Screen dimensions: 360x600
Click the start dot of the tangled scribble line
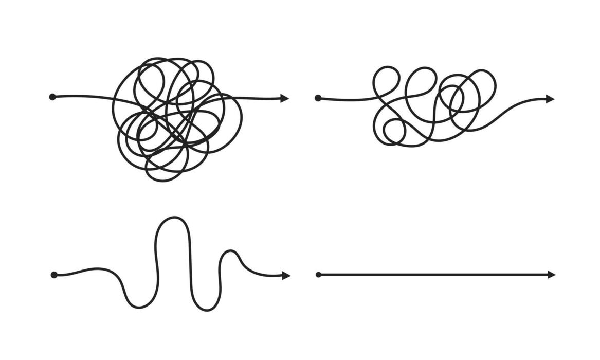(52, 97)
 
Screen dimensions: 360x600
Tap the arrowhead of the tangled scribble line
(284, 98)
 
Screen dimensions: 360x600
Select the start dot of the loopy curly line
(318, 98)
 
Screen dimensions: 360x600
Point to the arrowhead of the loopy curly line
(550, 99)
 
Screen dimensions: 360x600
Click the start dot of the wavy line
(54, 275)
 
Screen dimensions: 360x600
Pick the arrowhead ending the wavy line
(286, 276)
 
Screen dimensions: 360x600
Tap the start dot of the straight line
(318, 275)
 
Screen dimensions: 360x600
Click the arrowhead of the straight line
(551, 275)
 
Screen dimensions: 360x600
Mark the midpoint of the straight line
(435, 275)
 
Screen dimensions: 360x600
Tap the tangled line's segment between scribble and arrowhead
(260, 98)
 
